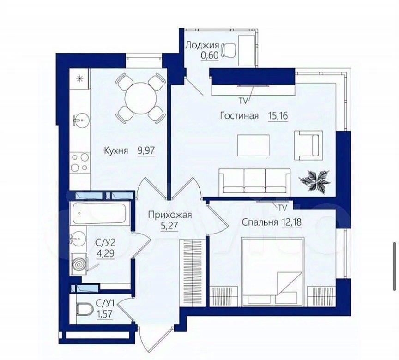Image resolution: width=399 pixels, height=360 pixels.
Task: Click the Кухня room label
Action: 116,151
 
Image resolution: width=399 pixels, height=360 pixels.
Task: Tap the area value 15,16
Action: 278,116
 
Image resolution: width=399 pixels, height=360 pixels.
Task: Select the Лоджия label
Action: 202,45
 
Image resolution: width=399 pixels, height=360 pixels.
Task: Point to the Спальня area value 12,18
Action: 291,222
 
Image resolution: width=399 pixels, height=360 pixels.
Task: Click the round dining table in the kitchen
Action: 140,98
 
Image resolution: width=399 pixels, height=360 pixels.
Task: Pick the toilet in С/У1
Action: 84,309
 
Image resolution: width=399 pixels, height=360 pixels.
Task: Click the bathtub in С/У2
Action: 99,213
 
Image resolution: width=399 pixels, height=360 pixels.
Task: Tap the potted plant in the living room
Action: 316,180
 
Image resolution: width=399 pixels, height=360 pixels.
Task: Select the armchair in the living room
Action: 308,145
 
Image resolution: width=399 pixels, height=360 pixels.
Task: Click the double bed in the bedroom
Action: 272,271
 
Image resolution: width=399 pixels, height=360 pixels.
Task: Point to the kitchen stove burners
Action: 80,163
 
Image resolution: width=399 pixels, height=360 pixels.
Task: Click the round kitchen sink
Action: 81,119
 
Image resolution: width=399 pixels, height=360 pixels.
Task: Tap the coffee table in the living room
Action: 253,145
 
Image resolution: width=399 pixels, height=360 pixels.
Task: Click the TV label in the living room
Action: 243,101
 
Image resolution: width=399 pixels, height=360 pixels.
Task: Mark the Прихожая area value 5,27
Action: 169,226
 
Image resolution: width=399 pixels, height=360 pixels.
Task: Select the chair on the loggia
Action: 229,50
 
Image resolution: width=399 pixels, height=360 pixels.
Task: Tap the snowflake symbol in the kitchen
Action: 79,79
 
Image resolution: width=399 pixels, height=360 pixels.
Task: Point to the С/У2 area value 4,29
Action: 105,253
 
